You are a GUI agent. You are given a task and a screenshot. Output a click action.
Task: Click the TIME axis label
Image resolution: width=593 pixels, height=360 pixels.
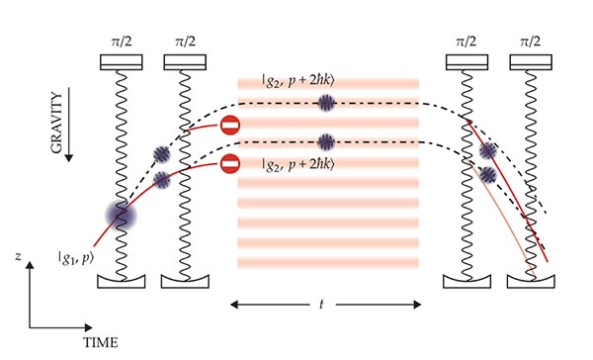(98, 342)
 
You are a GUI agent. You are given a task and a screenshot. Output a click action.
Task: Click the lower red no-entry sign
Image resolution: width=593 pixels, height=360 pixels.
(229, 164)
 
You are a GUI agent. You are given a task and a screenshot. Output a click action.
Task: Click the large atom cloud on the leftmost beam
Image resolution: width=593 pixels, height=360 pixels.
(125, 217)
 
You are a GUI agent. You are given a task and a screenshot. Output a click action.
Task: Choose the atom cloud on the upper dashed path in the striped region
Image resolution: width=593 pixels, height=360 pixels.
(327, 102)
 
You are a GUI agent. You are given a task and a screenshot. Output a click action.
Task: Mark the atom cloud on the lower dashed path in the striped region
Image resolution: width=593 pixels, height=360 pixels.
(327, 140)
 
